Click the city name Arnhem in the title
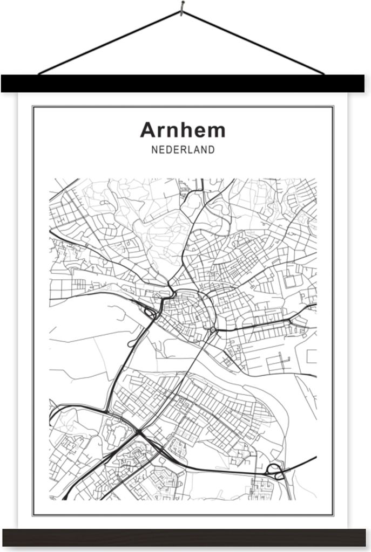(x=183, y=130)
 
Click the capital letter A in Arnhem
(x=147, y=130)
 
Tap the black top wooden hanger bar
(x=183, y=84)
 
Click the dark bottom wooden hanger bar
(x=184, y=537)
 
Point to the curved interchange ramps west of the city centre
(x=150, y=311)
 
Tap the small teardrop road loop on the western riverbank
(x=131, y=343)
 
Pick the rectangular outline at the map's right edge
(x=311, y=356)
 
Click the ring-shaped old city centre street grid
(x=184, y=310)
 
